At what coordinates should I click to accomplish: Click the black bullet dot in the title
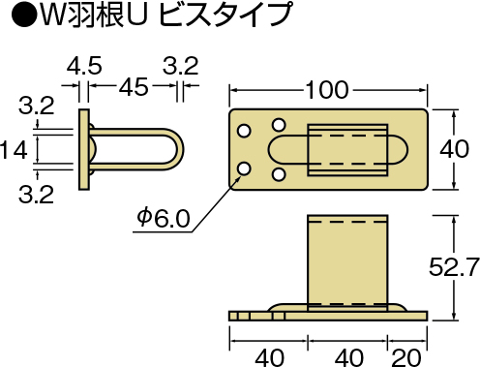tap(23, 15)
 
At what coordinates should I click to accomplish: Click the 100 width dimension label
tap(326, 90)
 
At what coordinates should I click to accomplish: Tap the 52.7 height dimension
tap(454, 267)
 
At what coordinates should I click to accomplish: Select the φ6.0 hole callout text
tap(164, 218)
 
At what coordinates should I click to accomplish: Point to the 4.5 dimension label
tap(84, 66)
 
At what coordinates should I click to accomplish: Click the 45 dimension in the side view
tap(134, 86)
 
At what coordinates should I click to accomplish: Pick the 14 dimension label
tap(14, 150)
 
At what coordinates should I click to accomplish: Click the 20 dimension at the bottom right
tap(407, 357)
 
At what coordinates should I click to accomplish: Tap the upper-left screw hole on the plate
tap(244, 131)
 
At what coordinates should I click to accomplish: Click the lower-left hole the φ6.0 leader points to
tap(244, 168)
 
